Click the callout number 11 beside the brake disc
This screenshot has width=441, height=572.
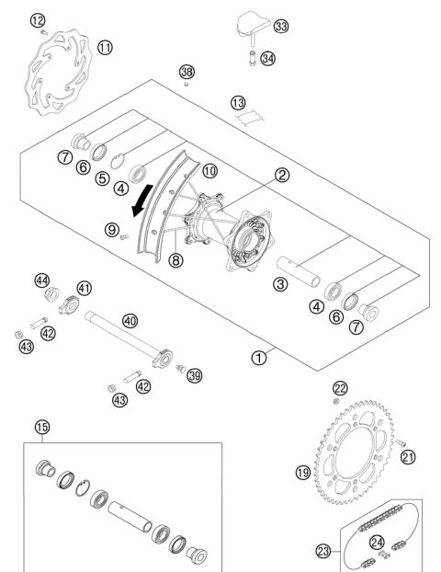pyautogui.click(x=106, y=46)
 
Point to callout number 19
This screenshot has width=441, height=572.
pyautogui.click(x=302, y=474)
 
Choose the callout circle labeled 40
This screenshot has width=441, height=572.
pyautogui.click(x=130, y=321)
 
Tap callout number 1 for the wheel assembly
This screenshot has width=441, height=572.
pyautogui.click(x=260, y=357)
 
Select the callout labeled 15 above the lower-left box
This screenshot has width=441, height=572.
pyautogui.click(x=40, y=427)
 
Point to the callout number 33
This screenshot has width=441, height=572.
pyautogui.click(x=280, y=27)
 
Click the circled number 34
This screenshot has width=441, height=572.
pyautogui.click(x=269, y=60)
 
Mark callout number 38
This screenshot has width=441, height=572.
pyautogui.click(x=187, y=72)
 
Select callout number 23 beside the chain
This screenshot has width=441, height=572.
pyautogui.click(x=323, y=552)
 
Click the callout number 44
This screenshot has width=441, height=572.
pyautogui.click(x=41, y=280)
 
